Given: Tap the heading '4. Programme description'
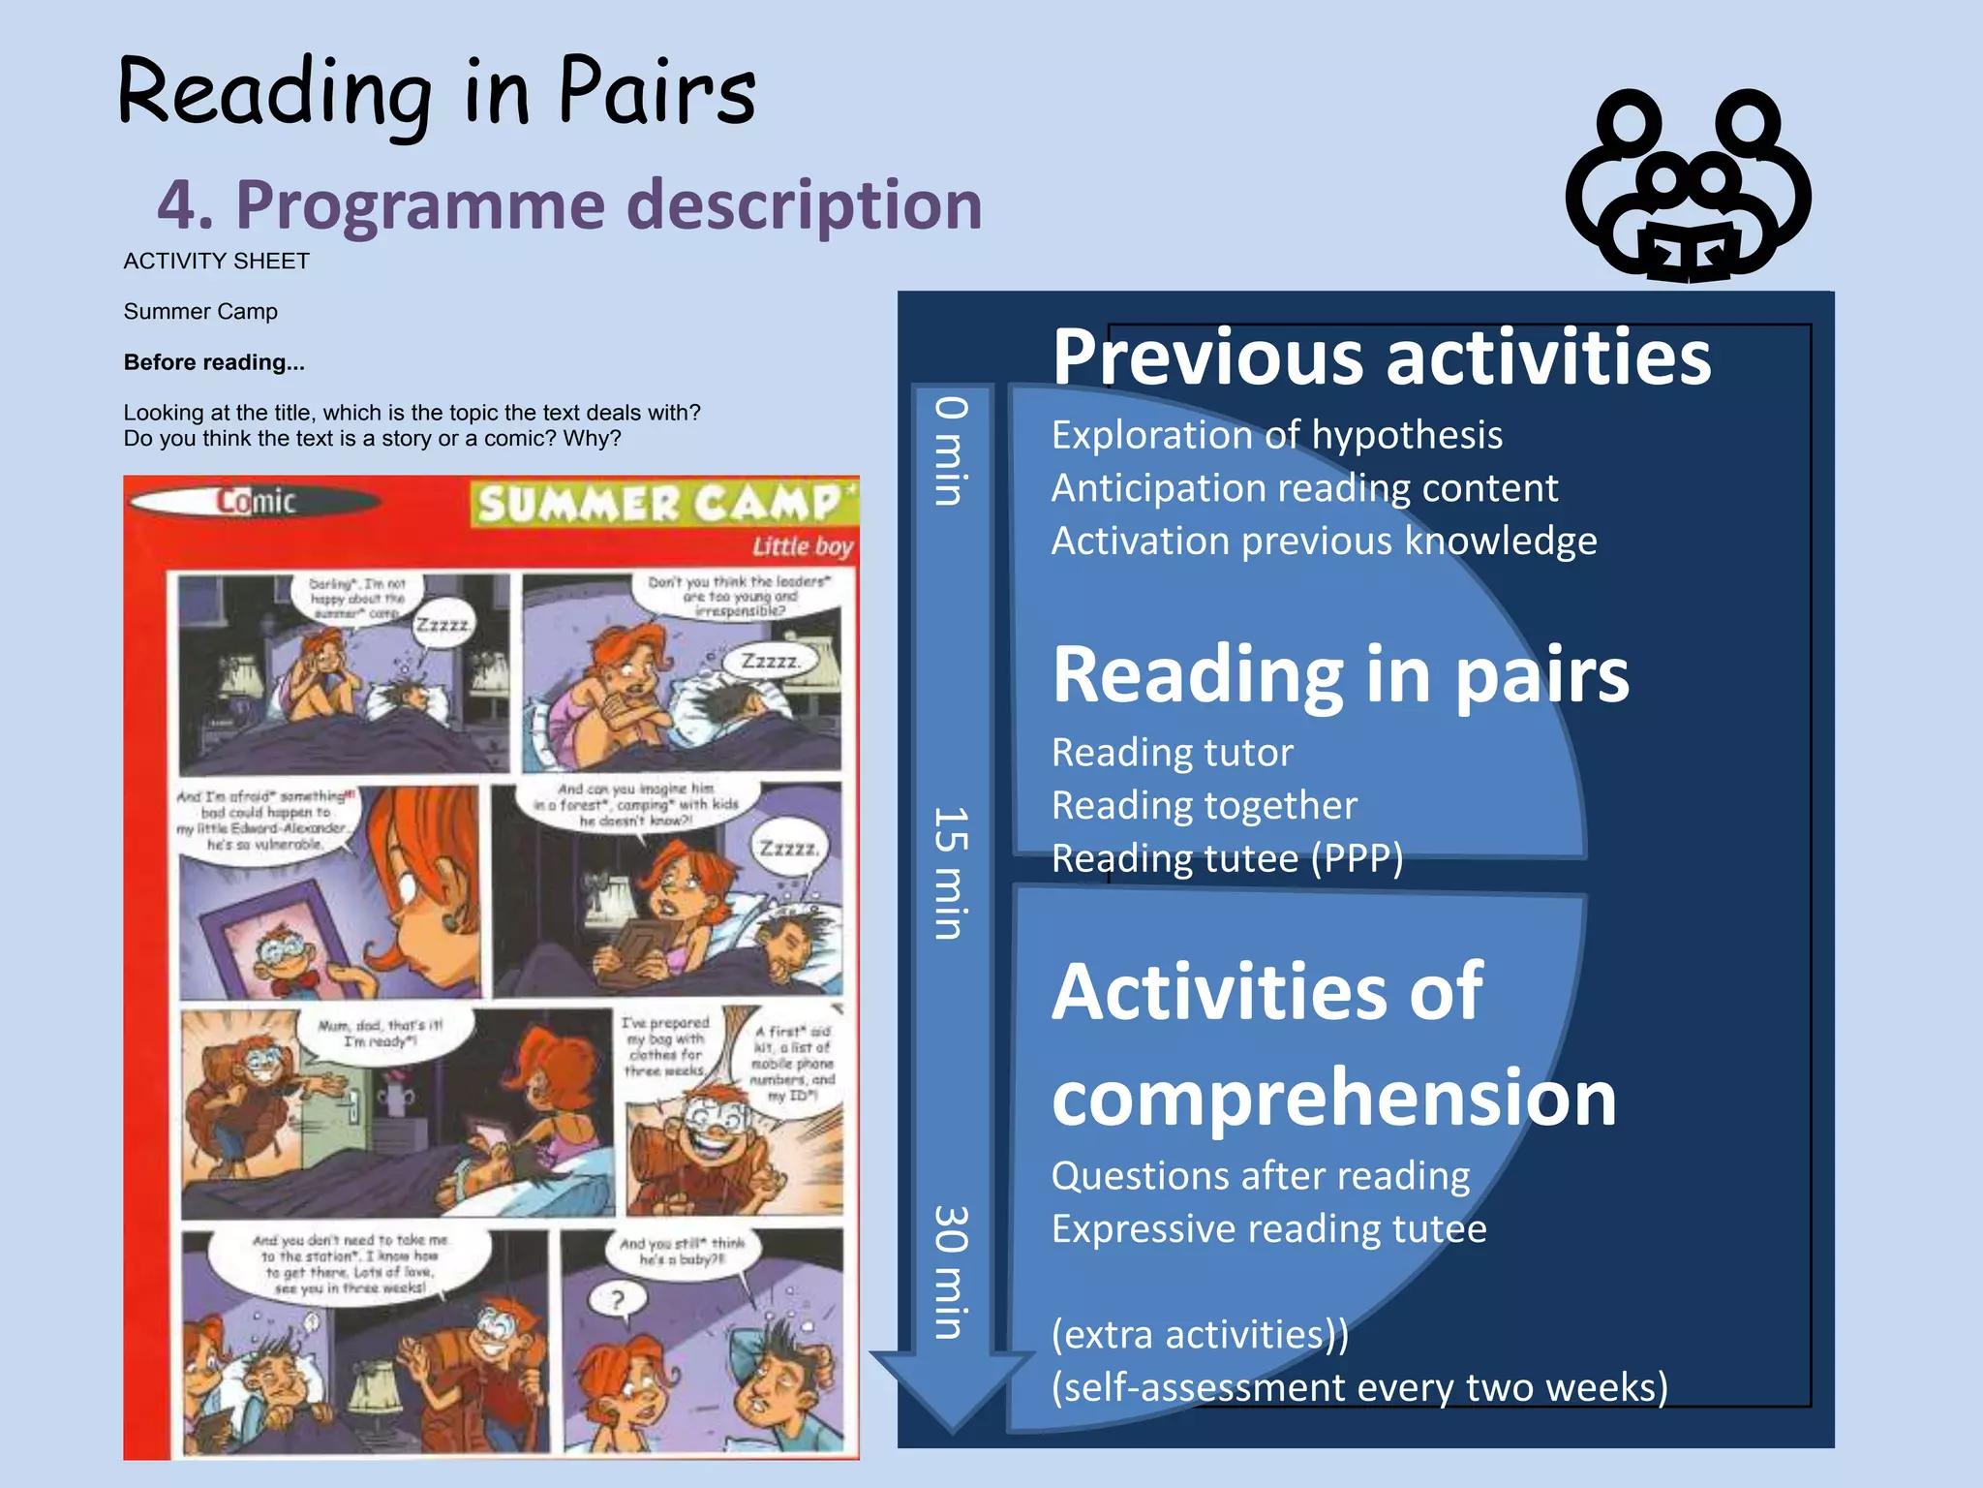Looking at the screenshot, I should (569, 204).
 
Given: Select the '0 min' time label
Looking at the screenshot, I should (951, 450).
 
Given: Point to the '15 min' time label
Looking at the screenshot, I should (951, 872).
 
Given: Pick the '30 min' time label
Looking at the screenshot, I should (951, 1271).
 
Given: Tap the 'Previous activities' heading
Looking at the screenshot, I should (1382, 356).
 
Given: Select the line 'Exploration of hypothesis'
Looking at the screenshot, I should (1276, 435).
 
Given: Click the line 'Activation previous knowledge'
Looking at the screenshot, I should (1324, 541).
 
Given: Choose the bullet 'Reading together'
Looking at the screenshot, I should (1204, 805).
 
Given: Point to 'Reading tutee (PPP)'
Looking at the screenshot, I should (1227, 858).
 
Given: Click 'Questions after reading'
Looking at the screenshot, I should (1260, 1176).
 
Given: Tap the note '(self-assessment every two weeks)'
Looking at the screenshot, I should (1359, 1387).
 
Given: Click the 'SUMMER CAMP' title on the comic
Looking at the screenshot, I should (659, 504).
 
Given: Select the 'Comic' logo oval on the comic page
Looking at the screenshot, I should (255, 501).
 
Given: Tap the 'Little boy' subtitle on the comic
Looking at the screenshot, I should (803, 546).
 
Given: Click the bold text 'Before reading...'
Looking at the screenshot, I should (214, 362).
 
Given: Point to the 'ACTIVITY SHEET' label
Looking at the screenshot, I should (216, 262).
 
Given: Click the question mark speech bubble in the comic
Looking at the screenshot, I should (618, 1299).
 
